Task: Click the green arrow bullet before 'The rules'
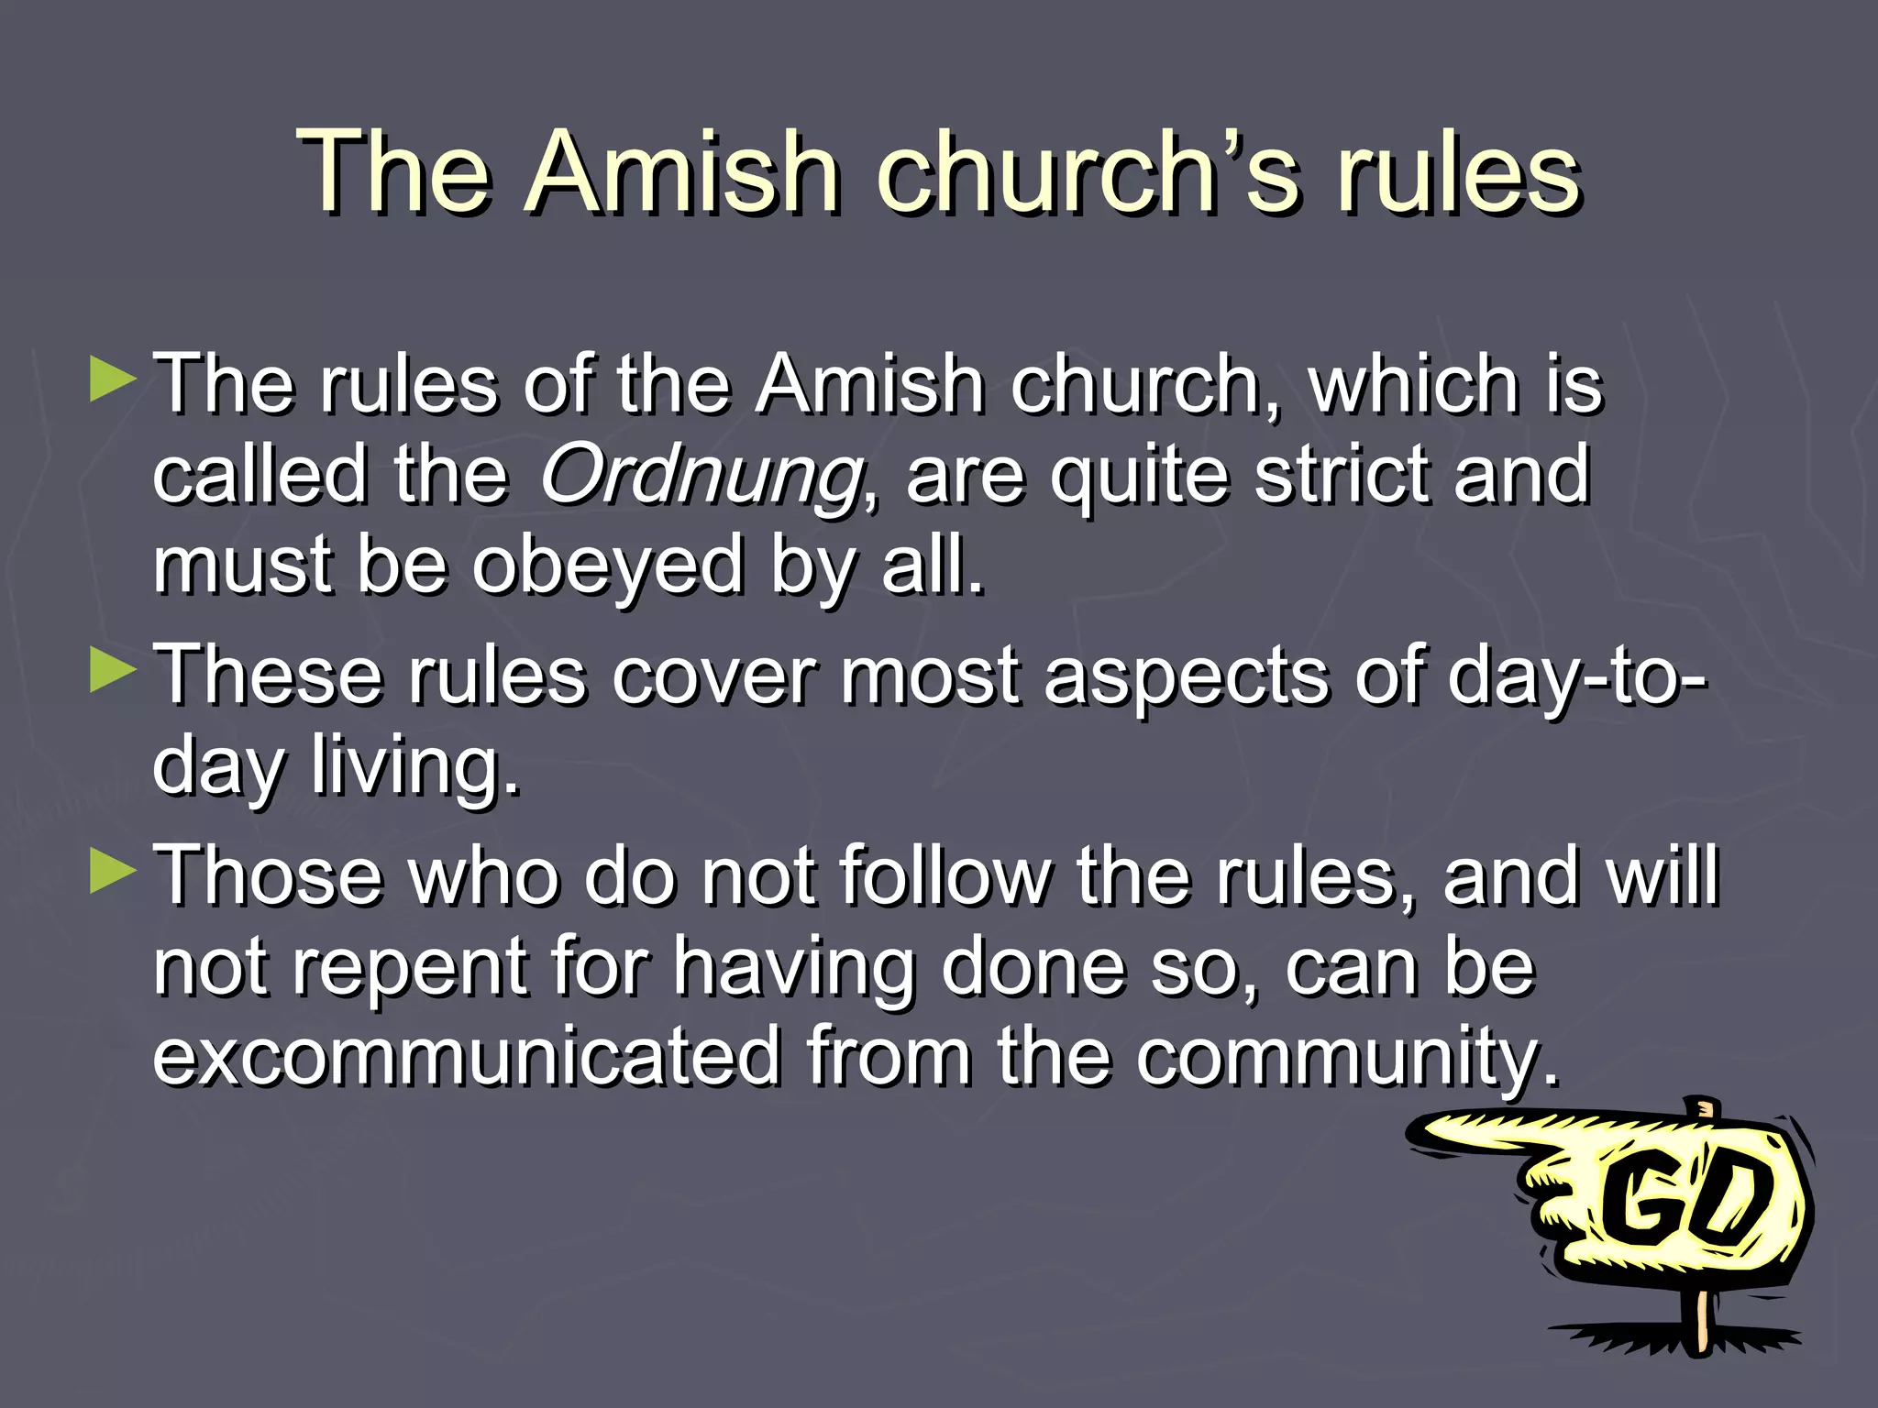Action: [x=113, y=379]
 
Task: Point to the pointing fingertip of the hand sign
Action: [x=1421, y=1133]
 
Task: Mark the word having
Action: [x=794, y=970]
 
